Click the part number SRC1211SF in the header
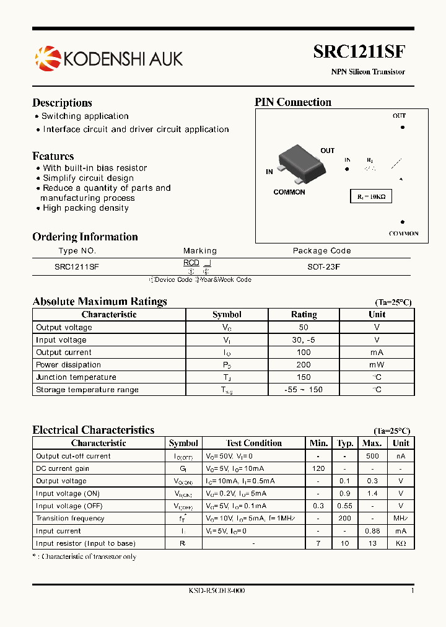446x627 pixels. [359, 51]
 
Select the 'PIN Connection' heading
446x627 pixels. [293, 102]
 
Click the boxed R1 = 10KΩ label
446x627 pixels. [371, 196]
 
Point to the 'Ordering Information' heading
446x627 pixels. [85, 237]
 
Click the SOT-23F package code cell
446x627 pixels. [322, 266]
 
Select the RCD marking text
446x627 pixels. [191, 263]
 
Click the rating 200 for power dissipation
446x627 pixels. [304, 365]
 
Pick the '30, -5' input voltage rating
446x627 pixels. [304, 340]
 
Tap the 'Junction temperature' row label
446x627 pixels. [76, 377]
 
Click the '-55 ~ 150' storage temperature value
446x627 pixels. [304, 390]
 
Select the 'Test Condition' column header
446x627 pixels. [253, 443]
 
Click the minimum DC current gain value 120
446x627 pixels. [318, 468]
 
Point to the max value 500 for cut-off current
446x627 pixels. [372, 456]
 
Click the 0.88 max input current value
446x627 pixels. [372, 531]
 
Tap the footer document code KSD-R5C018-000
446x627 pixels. [217, 591]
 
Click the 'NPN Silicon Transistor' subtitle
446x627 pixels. [368, 72]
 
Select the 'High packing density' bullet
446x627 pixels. [85, 208]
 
